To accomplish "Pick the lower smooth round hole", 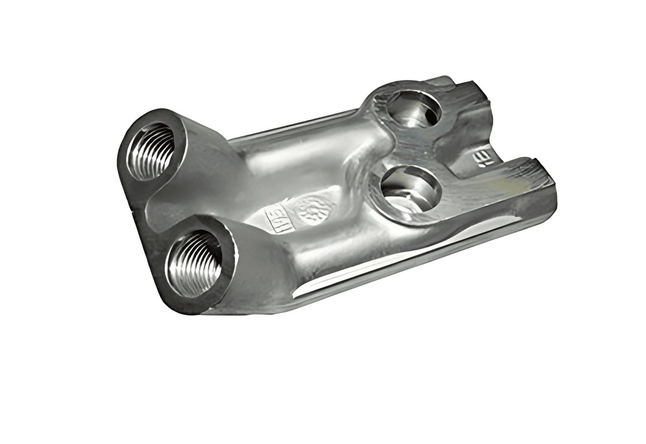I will (x=411, y=189).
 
